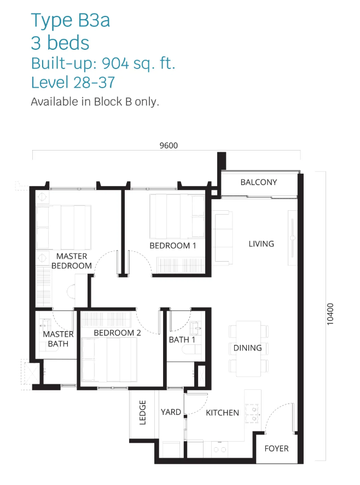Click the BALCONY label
coord(259,182)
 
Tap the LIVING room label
coord(262,244)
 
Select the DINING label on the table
coord(247,348)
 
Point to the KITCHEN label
coord(222,413)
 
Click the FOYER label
coord(276,448)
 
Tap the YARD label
coord(171,412)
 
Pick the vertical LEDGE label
coord(143,412)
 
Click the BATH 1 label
coord(182,339)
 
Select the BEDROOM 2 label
coord(117,333)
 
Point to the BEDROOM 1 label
coord(172,246)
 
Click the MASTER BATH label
coord(58,339)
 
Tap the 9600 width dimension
coord(169,146)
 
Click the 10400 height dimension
coord(330,314)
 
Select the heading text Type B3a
coord(71,20)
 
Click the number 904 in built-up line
coord(115,63)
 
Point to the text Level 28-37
coord(73,82)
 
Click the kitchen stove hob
coord(252,413)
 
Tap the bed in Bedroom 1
coord(177,216)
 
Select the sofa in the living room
coord(222,238)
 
